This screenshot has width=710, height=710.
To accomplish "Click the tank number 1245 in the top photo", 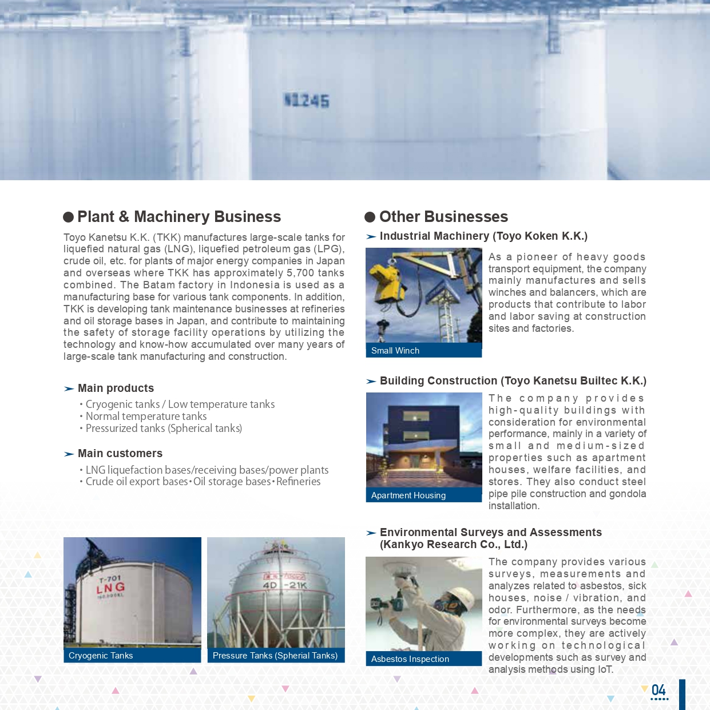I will coord(307,101).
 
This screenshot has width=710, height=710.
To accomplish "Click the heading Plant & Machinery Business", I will coord(179,217).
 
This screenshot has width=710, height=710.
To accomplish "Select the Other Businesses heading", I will coord(443,217).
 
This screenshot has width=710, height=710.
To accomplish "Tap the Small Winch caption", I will coord(395,351).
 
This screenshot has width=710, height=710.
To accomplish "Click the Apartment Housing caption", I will coord(408,495).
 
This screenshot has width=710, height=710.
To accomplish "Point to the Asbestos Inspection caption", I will coord(410,659).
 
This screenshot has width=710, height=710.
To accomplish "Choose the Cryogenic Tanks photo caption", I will coord(101,656).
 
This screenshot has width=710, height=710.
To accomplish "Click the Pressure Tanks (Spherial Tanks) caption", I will coord(275,656).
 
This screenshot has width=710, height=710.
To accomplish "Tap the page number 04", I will coord(659,691).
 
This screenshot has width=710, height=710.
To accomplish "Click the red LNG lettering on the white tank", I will coord(110,588).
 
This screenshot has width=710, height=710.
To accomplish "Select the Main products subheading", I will coord(116,388).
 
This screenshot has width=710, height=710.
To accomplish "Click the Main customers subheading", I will coord(120,454).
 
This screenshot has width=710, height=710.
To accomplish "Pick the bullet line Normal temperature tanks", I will coord(146,417).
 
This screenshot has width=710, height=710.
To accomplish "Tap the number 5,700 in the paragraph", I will coord(300,273).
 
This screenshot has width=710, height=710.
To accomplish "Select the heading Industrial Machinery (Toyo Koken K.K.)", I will coord(483,236).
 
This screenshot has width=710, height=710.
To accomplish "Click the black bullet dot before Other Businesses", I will coord(370,217).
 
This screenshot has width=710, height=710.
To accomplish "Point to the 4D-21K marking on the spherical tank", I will coord(285,585).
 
